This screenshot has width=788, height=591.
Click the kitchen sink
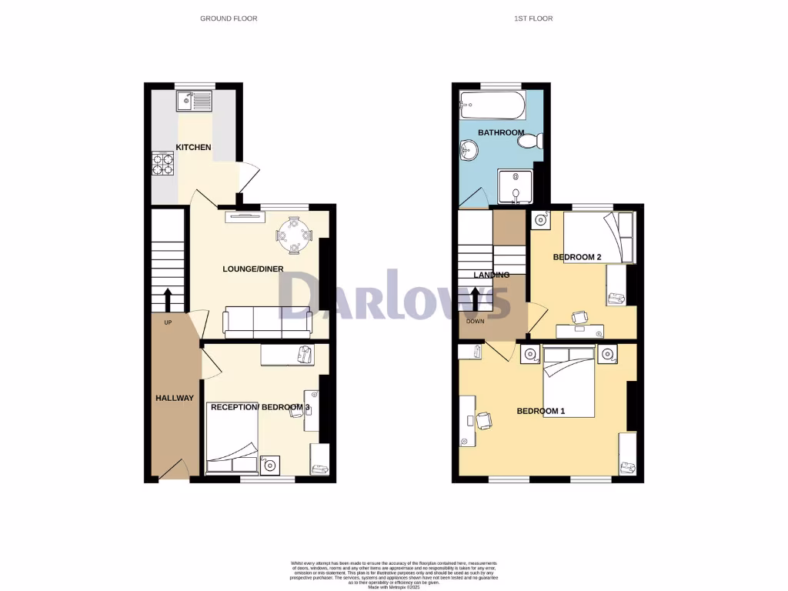click(x=193, y=101)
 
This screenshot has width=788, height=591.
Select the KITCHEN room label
click(x=193, y=147)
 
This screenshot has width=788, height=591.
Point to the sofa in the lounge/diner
click(x=266, y=322)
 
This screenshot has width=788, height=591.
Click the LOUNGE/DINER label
click(x=252, y=269)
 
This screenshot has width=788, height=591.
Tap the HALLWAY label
click(x=175, y=398)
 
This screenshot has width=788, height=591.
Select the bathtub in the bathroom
click(x=492, y=106)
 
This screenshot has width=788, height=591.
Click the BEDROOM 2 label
click(x=577, y=257)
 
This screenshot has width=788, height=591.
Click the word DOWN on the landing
click(x=475, y=322)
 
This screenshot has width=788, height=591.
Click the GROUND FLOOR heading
click(x=229, y=18)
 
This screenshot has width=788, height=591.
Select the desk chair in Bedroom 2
click(x=579, y=316)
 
